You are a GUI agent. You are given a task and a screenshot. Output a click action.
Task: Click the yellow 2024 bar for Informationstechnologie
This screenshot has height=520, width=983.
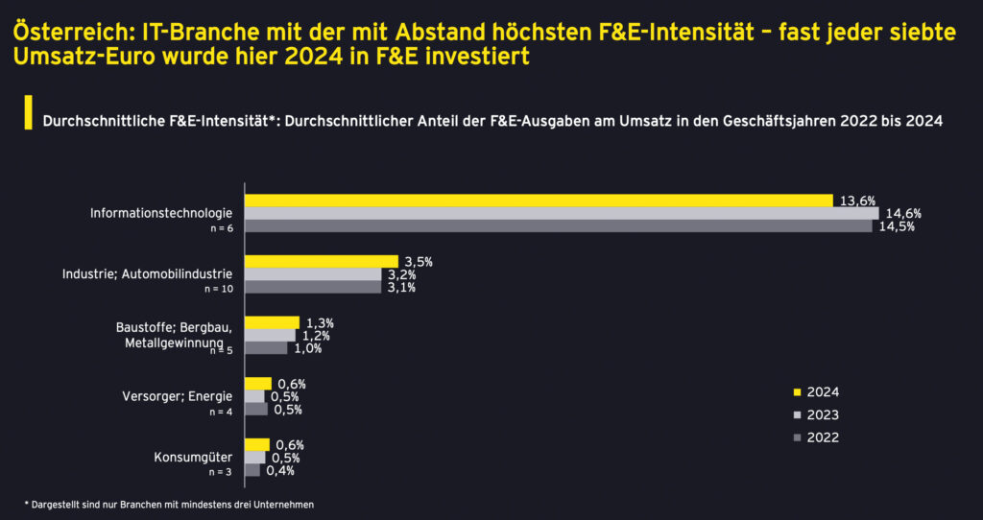coord(538,200)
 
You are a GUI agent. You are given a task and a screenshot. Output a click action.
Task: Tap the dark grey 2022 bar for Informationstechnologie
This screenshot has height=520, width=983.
coord(558,226)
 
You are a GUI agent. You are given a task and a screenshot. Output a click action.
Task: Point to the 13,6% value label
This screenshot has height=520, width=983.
coord(857,200)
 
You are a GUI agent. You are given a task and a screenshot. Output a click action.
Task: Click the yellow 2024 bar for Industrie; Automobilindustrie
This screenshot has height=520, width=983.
coord(321,261)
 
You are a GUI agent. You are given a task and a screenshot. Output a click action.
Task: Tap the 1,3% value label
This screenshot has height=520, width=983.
coord(320,322)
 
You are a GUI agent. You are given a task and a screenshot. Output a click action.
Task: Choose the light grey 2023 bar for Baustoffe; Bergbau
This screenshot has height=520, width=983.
coord(270,336)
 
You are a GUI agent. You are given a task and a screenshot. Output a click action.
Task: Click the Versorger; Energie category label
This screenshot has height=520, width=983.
coord(178,397)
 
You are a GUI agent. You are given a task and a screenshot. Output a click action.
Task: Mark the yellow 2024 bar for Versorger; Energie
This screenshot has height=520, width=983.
coord(257,384)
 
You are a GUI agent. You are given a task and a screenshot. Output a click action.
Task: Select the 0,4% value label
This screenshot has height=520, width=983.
coord(279,471)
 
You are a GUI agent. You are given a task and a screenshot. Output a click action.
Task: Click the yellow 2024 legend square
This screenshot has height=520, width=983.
coord(797,391)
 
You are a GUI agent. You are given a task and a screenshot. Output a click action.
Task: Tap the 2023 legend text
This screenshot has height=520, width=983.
coord(823,414)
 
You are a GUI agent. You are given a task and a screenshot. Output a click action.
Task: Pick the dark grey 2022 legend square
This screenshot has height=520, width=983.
coord(797,437)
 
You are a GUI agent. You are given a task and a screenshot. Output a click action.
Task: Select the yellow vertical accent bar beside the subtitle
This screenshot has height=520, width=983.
coord(29,112)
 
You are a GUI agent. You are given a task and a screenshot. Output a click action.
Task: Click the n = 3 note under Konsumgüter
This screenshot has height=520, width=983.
coord(220,472)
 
